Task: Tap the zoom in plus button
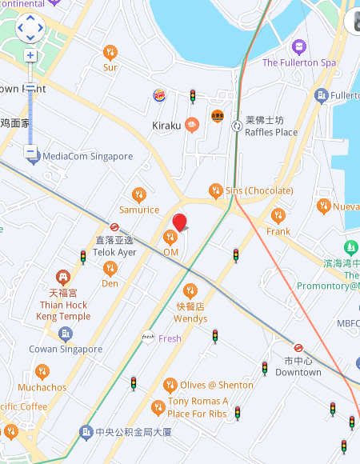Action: coord(30,55)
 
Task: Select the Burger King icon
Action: coord(159,96)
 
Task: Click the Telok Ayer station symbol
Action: coord(114,226)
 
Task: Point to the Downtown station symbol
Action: coord(298,347)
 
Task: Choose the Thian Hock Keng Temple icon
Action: coord(63,277)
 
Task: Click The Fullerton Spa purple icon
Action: coord(299,46)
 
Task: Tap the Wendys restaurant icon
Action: coord(190,290)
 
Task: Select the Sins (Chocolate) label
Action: coord(258,190)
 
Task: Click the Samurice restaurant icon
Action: coord(139,194)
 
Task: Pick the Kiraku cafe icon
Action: coord(191,124)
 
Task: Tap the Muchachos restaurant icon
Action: coord(42,371)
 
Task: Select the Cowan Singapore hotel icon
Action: coord(66,333)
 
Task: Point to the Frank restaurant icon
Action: coord(278,215)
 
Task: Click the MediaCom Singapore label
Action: coord(87,156)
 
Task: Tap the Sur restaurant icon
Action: coord(110,53)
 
